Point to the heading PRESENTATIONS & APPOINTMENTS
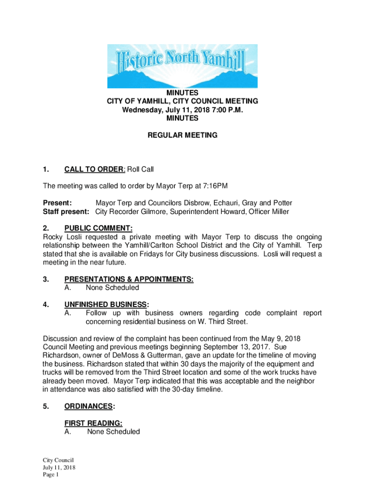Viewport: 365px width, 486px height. [x=129, y=279]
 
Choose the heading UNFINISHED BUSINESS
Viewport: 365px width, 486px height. [x=106, y=304]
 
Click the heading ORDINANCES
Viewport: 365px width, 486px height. [x=89, y=406]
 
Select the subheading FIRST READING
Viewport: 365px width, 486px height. [x=94, y=423]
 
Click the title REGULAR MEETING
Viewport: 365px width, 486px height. [x=182, y=135]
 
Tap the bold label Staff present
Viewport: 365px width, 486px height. [x=67, y=212]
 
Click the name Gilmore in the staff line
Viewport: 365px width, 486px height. [x=155, y=212]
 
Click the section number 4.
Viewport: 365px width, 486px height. [x=46, y=304]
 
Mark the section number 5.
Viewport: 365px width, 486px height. [x=46, y=406]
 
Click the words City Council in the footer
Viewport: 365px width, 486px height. [x=58, y=460]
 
